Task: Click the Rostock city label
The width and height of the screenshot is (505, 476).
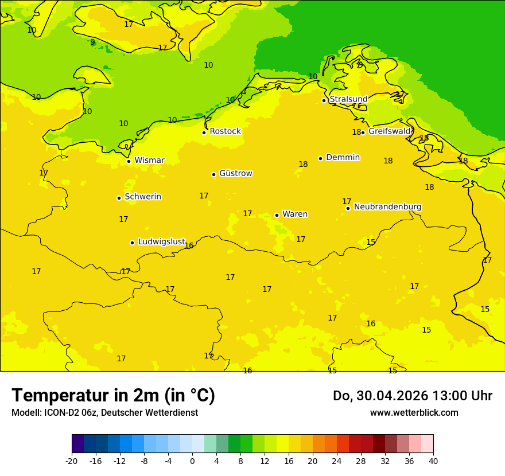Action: coord(225,131)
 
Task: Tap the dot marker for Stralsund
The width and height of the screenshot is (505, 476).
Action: coord(324,100)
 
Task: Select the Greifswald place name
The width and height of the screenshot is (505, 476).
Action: coord(390,131)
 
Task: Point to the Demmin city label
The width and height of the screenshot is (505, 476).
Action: coord(343,158)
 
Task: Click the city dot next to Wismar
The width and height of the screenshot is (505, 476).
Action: coord(129,161)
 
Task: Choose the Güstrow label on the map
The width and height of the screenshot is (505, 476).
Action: coord(235,173)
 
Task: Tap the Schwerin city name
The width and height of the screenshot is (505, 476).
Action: coord(143,197)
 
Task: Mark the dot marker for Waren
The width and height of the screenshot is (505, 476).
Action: coord(277,215)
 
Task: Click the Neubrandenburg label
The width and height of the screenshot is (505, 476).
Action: coord(387,207)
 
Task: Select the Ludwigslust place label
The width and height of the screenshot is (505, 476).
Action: coord(161,242)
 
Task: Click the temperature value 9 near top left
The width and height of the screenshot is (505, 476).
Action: coord(92,42)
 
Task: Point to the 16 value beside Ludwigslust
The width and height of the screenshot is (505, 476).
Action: coord(189,246)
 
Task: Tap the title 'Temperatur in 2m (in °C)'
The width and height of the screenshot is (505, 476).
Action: coord(113,396)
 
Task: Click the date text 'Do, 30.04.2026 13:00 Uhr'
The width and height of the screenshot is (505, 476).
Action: coord(413,396)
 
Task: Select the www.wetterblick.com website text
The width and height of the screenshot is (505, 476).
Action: coord(414,413)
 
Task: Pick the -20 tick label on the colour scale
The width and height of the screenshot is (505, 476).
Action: coord(72,461)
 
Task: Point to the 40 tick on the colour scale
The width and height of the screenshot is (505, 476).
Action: coord(433,461)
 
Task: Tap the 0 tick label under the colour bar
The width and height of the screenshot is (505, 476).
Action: coord(192,461)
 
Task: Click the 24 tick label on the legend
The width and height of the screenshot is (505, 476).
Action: coord(337,461)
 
